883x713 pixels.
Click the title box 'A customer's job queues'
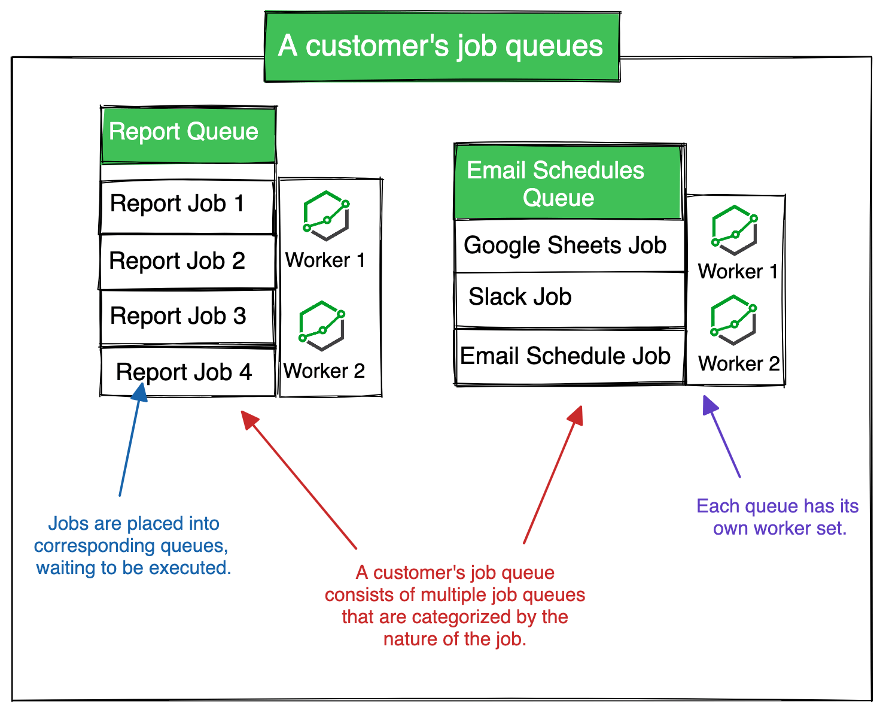(x=442, y=47)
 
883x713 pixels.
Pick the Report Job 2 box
(x=187, y=262)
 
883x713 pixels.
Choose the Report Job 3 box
(x=187, y=317)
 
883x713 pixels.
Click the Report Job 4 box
(x=187, y=372)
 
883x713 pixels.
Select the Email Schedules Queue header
(x=568, y=183)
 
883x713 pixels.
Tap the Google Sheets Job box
(x=569, y=245)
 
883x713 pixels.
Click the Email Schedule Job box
(x=569, y=356)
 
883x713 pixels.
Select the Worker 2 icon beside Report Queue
(x=322, y=326)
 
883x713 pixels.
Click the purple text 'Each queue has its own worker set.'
(x=778, y=517)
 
